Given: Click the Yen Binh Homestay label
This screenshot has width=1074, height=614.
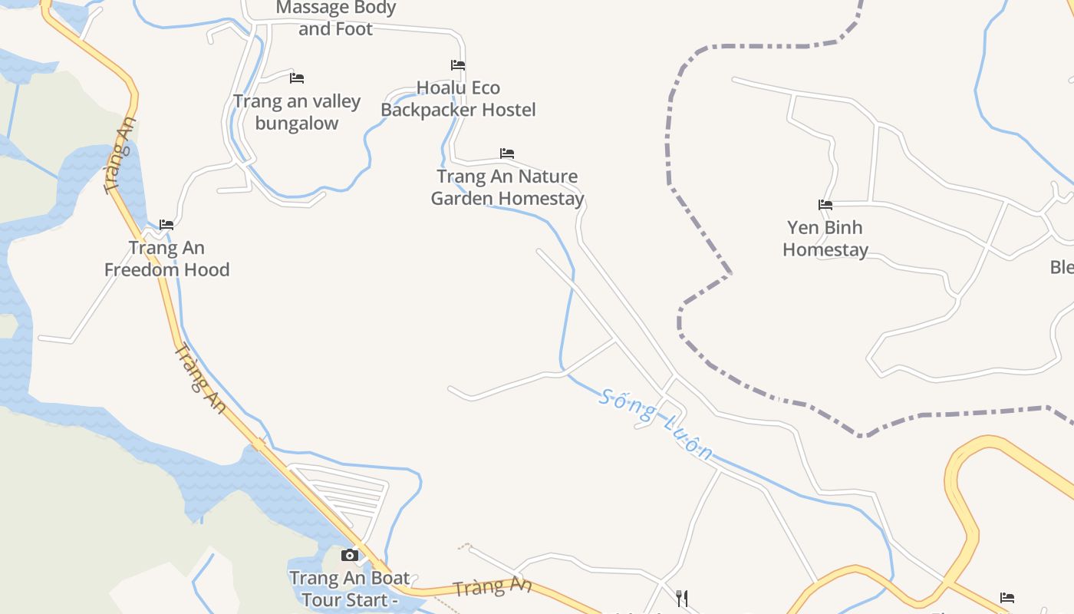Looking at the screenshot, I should coord(825,239).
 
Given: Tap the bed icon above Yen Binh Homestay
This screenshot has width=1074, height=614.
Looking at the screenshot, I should coord(825,205).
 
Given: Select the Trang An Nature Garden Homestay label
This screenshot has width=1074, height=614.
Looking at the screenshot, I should coord(507,187).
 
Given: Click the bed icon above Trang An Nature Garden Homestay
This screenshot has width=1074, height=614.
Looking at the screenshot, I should coord(506,153).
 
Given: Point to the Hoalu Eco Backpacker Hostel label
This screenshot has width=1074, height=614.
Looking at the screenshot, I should coord(458,99).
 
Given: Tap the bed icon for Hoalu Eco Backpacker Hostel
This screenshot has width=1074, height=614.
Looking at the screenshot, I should coord(458,65).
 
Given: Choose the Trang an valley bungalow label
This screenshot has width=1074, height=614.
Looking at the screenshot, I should coord(297,112).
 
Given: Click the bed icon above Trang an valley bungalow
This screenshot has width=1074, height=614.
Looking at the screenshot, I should coord(297,78).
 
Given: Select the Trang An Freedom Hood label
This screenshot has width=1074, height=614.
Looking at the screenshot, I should coord(166,259).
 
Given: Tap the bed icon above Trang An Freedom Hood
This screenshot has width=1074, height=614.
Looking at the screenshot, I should coord(166,225).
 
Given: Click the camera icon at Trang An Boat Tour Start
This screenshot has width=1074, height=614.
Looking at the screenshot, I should coord(350,555).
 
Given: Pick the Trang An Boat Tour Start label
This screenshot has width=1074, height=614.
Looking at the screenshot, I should coord(350,589).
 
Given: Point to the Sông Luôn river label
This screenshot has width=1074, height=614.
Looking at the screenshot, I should coord(657,424).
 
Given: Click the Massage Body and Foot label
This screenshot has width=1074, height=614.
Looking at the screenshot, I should coord(335,18).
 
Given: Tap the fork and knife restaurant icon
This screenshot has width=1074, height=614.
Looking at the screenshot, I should coord(681,598).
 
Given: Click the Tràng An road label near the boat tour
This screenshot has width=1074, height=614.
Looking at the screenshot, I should coord(492,587).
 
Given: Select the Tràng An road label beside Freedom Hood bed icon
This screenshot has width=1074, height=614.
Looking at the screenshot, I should coord(120,156).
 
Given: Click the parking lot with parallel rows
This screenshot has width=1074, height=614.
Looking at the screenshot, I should coord(341,496).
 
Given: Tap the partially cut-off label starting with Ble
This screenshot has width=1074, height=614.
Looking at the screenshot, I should coord(1062,267).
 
